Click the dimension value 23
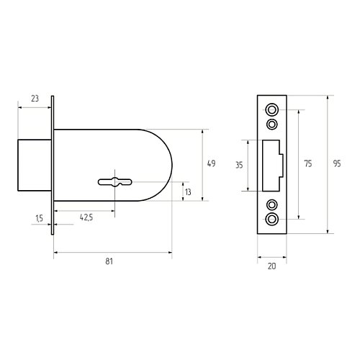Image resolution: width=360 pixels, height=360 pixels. point(35,99)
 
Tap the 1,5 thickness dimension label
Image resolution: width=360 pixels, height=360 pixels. point(39,218)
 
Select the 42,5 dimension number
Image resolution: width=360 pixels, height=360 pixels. point(86,217)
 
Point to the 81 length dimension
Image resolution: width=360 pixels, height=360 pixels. point(109,261)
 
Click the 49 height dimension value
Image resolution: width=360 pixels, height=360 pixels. point(211,163)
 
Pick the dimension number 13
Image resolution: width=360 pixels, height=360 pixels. point(188,192)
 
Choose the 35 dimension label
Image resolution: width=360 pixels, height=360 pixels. point(239,166)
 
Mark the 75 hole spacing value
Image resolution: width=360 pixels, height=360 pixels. point(308,163)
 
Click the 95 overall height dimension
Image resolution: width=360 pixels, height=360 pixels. point(337,163)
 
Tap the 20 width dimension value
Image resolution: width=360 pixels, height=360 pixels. point(272,266)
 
